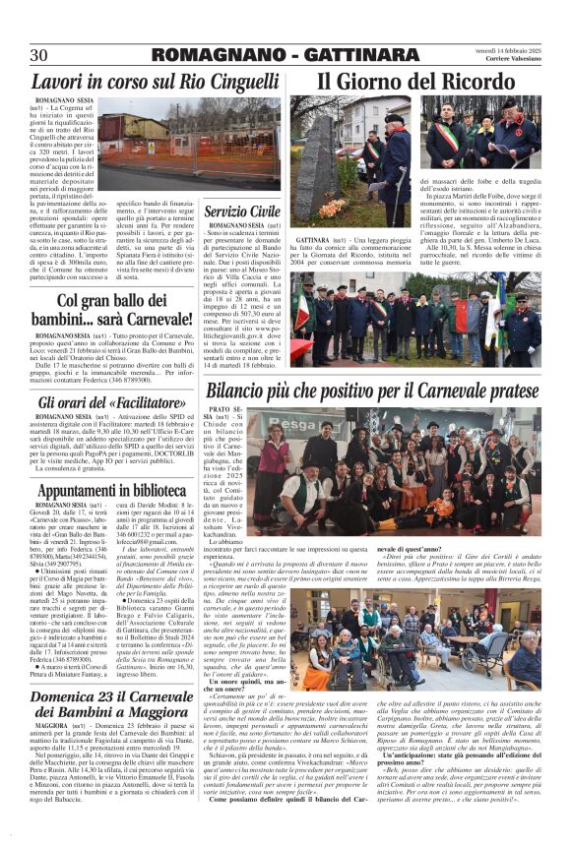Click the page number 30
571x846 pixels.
click(39, 54)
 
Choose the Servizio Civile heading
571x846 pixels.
click(242, 211)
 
